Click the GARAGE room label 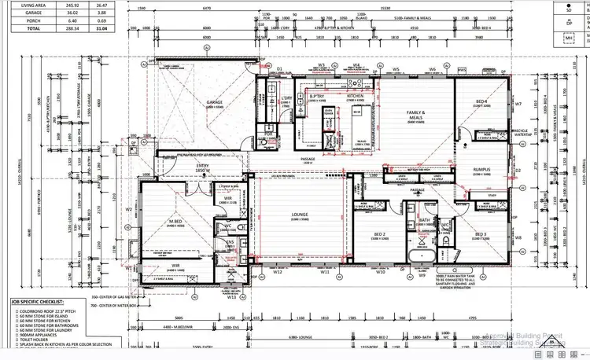(215, 102)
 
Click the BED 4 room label (481, 102)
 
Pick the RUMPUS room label (481, 170)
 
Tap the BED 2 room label (378, 234)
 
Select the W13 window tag (231, 298)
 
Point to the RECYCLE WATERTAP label (497, 134)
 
